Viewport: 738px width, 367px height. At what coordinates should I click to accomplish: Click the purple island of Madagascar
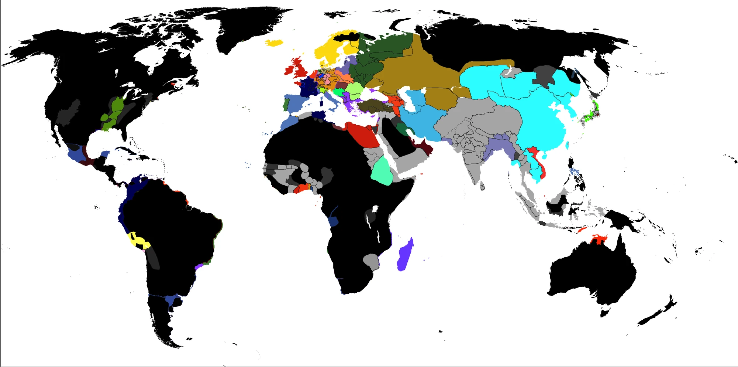pyautogui.click(x=405, y=255)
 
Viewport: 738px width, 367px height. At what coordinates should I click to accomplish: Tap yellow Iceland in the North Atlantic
pyautogui.click(x=274, y=43)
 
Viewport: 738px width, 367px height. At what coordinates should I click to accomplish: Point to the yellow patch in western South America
pyautogui.click(x=139, y=241)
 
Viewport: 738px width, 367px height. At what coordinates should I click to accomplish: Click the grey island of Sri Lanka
pyautogui.click(x=482, y=187)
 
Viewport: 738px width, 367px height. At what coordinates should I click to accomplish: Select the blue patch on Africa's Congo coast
pyautogui.click(x=334, y=221)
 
